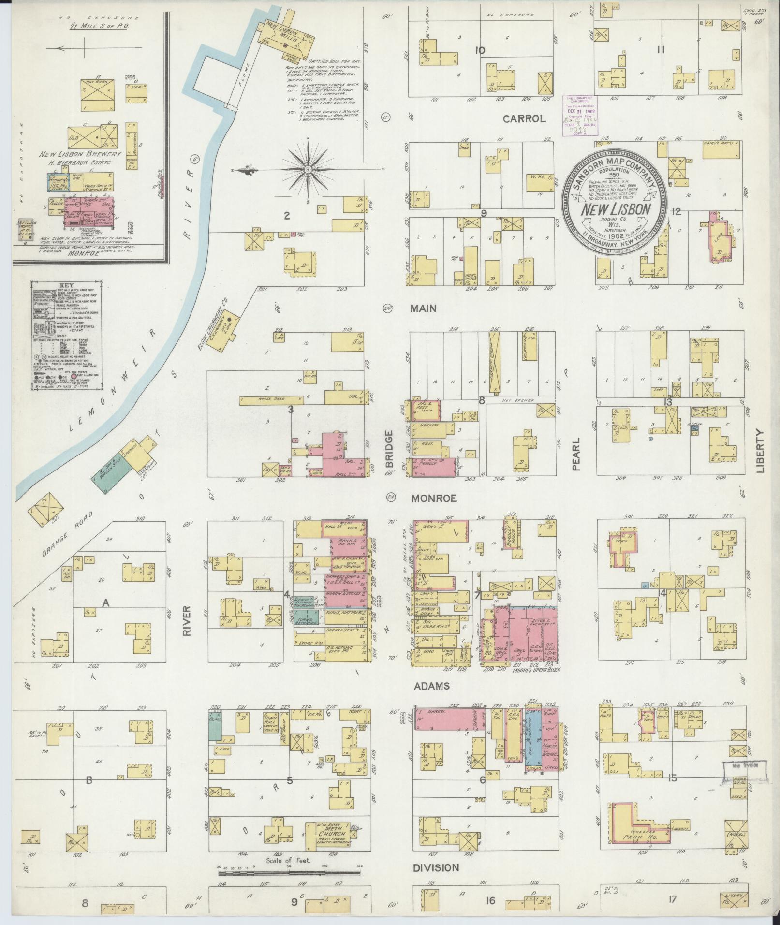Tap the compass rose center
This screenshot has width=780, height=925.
tap(308, 170)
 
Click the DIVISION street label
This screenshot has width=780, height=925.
tap(436, 867)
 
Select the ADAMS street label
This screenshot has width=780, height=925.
tap(432, 686)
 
